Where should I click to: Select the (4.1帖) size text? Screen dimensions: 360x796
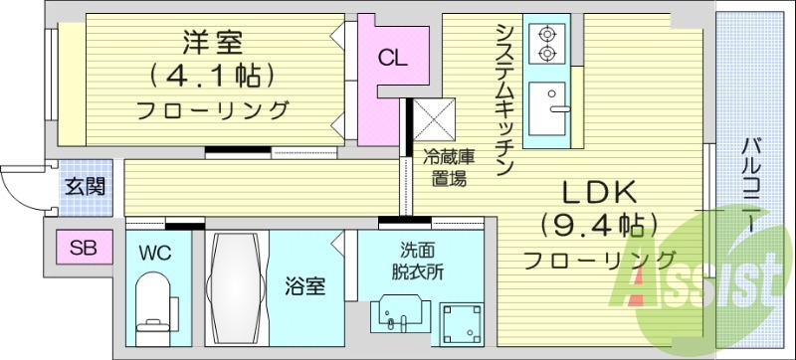tap(212, 76)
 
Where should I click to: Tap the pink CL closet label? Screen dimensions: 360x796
tap(391, 58)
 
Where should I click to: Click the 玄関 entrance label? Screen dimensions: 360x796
tap(83, 186)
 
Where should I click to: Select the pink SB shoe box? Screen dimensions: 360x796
tap(83, 246)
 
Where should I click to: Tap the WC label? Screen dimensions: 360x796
tap(156, 253)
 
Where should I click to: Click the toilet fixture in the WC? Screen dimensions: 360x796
tap(156, 303)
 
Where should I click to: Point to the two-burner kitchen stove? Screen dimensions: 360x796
tap(547, 42)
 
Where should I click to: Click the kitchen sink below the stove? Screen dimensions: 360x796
tap(547, 107)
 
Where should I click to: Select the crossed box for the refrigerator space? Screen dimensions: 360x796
tap(434, 120)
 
